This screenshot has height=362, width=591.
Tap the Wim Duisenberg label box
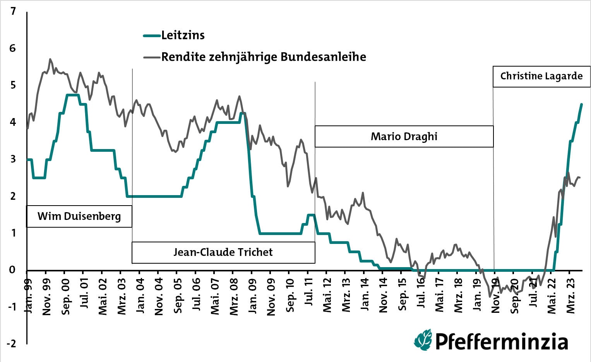(x=79, y=216)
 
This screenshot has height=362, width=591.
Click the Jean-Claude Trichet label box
(x=223, y=252)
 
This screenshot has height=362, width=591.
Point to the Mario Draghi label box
(x=404, y=136)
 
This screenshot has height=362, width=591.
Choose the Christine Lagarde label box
(x=541, y=76)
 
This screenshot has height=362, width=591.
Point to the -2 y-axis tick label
(x=12, y=344)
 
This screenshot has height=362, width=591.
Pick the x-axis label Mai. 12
(x=327, y=295)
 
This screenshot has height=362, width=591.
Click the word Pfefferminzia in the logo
(x=502, y=341)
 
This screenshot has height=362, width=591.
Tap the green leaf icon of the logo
(x=423, y=340)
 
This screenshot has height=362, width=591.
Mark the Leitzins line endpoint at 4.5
(x=581, y=104)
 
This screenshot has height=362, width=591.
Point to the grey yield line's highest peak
(x=50, y=59)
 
